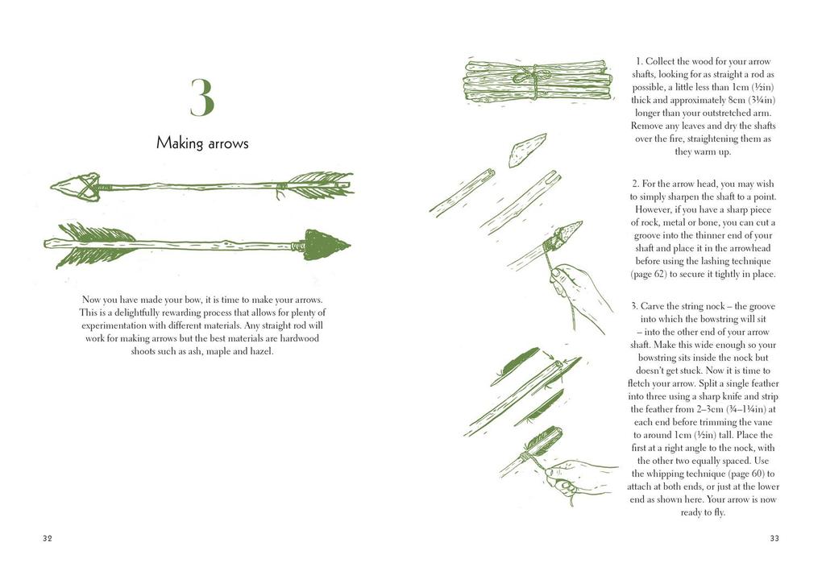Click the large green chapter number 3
pyautogui.click(x=202, y=97)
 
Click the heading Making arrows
pyautogui.click(x=202, y=143)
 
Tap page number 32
pyautogui.click(x=48, y=538)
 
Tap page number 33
pyautogui.click(x=774, y=538)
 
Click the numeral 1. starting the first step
pyautogui.click(x=639, y=61)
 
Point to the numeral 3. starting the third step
pyautogui.click(x=635, y=306)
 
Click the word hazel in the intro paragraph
pyautogui.click(x=262, y=351)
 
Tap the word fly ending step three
pyautogui.click(x=717, y=512)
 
